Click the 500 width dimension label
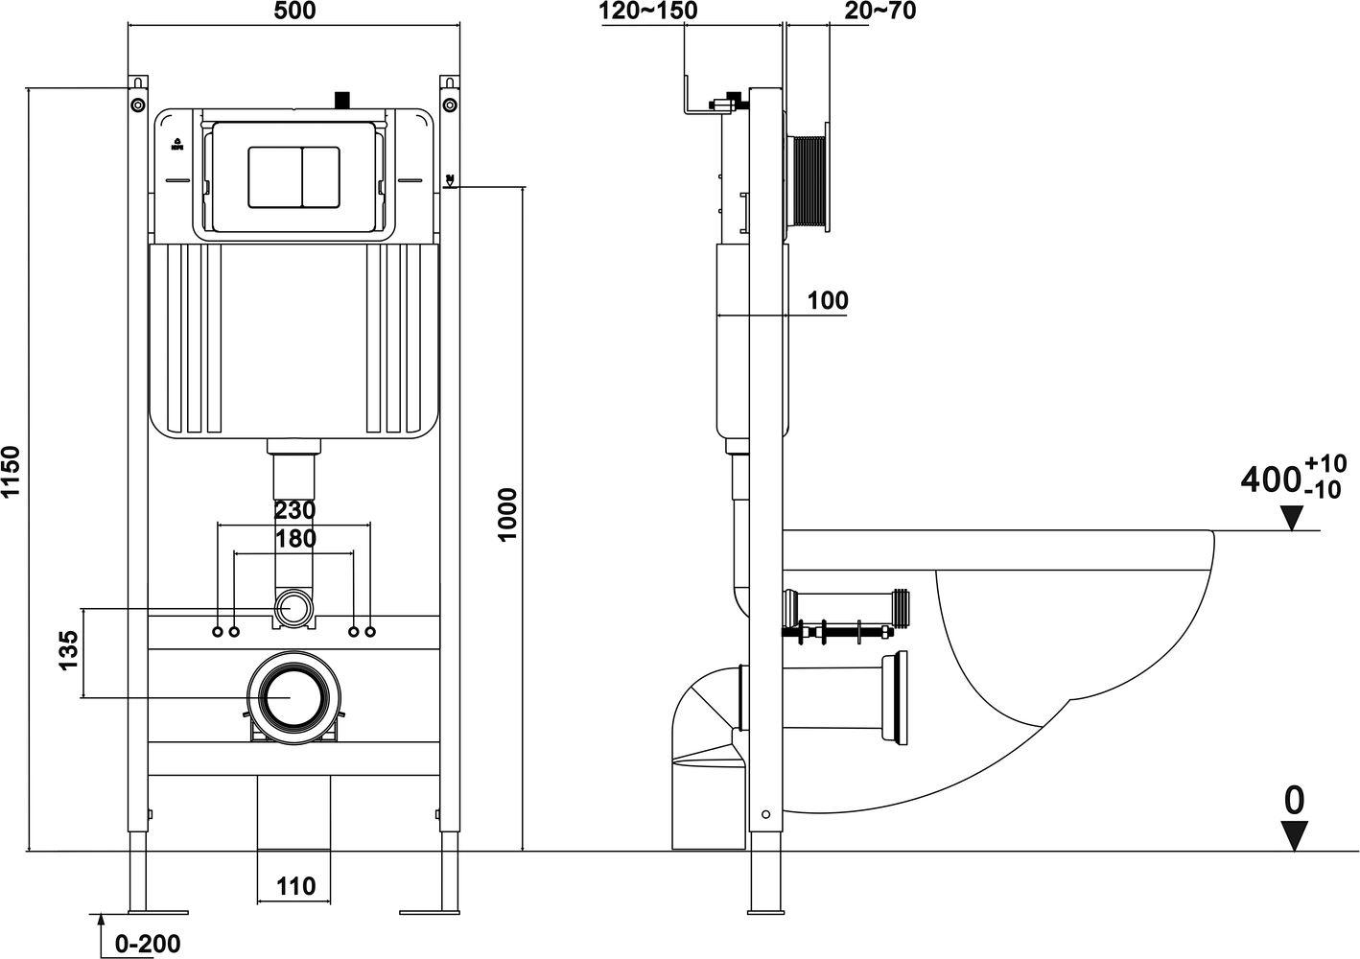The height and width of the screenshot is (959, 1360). point(294,11)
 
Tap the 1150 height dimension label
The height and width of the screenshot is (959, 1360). point(11,472)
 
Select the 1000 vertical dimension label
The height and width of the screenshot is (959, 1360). point(506,514)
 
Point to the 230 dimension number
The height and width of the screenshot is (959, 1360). point(295,510)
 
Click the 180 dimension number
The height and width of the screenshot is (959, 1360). point(295,538)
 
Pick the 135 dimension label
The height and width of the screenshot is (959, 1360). point(69,650)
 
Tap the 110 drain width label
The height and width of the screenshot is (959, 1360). point(296,886)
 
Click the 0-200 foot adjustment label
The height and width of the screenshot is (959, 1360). point(148,944)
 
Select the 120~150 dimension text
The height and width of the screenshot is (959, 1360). point(648,11)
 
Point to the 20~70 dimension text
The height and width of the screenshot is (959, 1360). point(880,11)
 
